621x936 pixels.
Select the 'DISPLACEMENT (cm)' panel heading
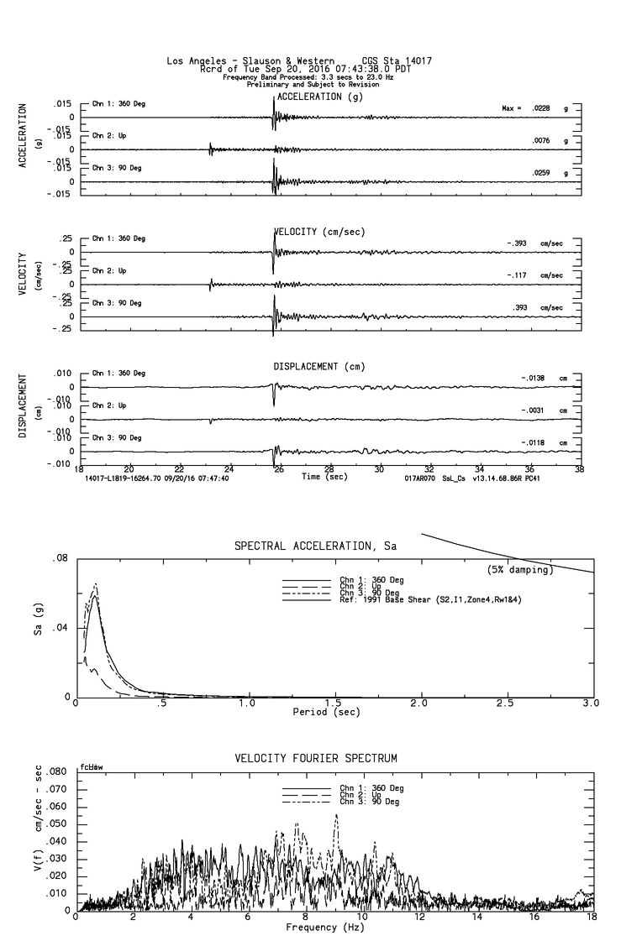(x=318, y=367)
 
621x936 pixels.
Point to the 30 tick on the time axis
(x=379, y=468)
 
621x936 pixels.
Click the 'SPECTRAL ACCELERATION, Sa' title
(x=314, y=546)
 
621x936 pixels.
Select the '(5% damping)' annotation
(x=520, y=570)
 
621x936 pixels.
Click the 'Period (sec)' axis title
(x=327, y=712)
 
